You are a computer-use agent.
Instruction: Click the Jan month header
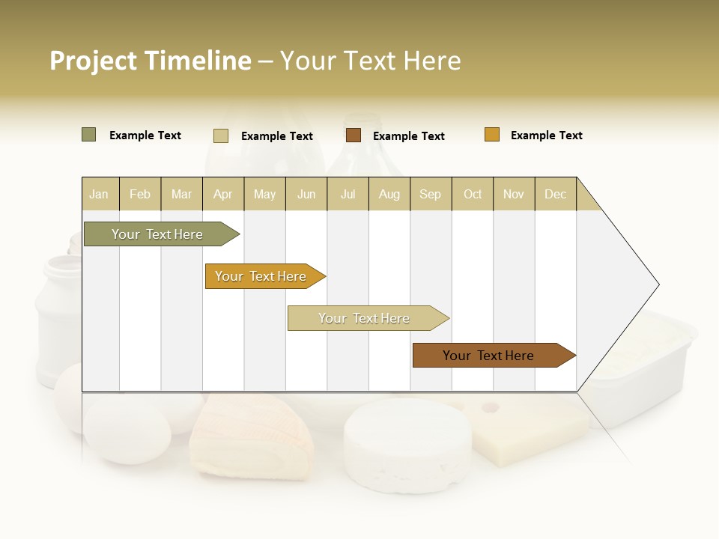(x=99, y=194)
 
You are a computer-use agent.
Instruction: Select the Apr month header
(x=222, y=194)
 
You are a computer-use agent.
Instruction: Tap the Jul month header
(x=348, y=194)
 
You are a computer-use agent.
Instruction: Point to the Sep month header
(x=430, y=194)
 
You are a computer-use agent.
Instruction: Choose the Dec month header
(x=555, y=194)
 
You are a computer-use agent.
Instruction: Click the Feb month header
(x=140, y=194)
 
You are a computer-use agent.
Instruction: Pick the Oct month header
(x=473, y=194)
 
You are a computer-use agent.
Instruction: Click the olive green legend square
(x=88, y=135)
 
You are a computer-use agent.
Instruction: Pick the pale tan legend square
(x=221, y=135)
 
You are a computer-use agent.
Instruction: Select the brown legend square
(x=354, y=135)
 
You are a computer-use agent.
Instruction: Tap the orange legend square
(x=492, y=135)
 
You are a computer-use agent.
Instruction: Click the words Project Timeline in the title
(x=150, y=61)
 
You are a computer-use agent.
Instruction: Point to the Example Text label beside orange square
(x=546, y=135)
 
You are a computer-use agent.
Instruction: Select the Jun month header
(x=306, y=194)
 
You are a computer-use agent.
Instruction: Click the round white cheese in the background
(x=407, y=445)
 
